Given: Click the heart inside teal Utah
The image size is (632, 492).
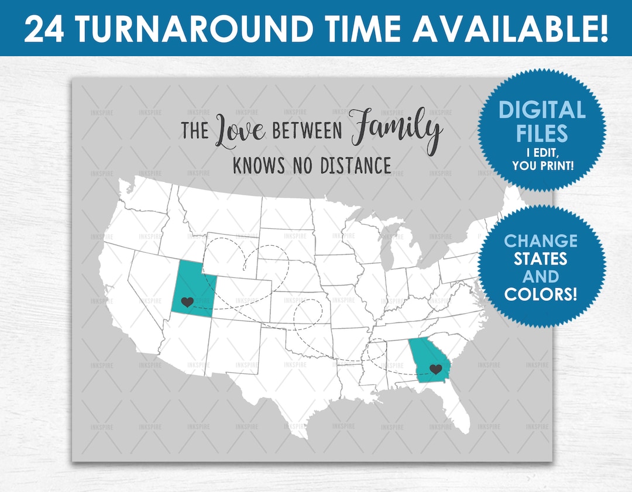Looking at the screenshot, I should point(187,302).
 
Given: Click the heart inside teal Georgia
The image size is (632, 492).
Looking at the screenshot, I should point(435,369).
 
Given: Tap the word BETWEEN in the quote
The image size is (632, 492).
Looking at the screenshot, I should point(307,131).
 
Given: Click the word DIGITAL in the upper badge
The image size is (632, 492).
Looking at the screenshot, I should point(541,110).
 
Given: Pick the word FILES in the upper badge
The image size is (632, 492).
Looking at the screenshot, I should point(541,133).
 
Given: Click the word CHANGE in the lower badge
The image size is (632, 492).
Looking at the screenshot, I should point(541,240).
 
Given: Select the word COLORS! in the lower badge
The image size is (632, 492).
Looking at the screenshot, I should point(541,294).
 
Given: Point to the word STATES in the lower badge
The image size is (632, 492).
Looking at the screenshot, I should point(541,258).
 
